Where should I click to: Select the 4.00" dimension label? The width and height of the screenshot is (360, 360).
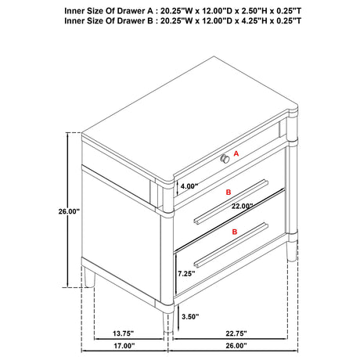(190, 187)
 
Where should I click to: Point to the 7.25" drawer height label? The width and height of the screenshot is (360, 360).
(187, 274)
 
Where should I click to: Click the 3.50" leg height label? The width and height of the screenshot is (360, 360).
(189, 317)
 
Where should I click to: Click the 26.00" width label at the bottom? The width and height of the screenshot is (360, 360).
(234, 346)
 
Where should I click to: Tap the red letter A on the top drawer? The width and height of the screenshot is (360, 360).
(236, 156)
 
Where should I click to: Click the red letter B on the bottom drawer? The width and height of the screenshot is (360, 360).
(233, 233)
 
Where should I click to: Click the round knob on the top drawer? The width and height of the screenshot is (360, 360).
(225, 159)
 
